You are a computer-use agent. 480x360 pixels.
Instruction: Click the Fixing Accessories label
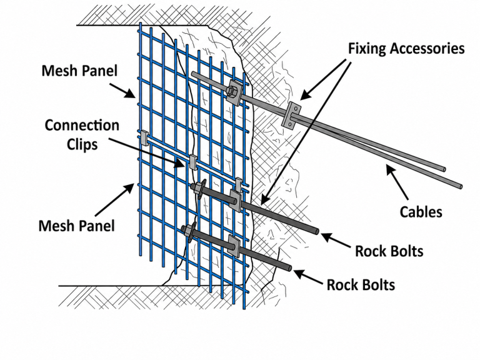(x=406, y=49)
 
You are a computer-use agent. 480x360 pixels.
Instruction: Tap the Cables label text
(x=421, y=212)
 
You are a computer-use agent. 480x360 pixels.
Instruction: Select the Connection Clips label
(x=82, y=135)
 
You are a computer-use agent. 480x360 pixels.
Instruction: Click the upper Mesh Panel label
(x=79, y=71)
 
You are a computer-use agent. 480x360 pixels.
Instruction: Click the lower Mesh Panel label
(x=76, y=226)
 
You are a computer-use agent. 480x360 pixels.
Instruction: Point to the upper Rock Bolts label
(x=389, y=251)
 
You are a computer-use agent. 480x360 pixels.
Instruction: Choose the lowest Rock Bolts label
(x=361, y=285)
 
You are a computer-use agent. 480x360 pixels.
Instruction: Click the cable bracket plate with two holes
(x=291, y=114)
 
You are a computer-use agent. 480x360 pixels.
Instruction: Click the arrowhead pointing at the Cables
(x=390, y=170)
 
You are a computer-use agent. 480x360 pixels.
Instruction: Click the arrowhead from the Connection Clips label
(x=180, y=164)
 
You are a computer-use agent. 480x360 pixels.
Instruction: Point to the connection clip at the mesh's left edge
(x=144, y=137)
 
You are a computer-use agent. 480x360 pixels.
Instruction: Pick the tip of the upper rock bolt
(x=317, y=231)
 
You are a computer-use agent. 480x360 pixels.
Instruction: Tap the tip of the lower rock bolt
(x=289, y=268)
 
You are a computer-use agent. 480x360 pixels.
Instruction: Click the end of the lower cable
(x=460, y=186)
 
